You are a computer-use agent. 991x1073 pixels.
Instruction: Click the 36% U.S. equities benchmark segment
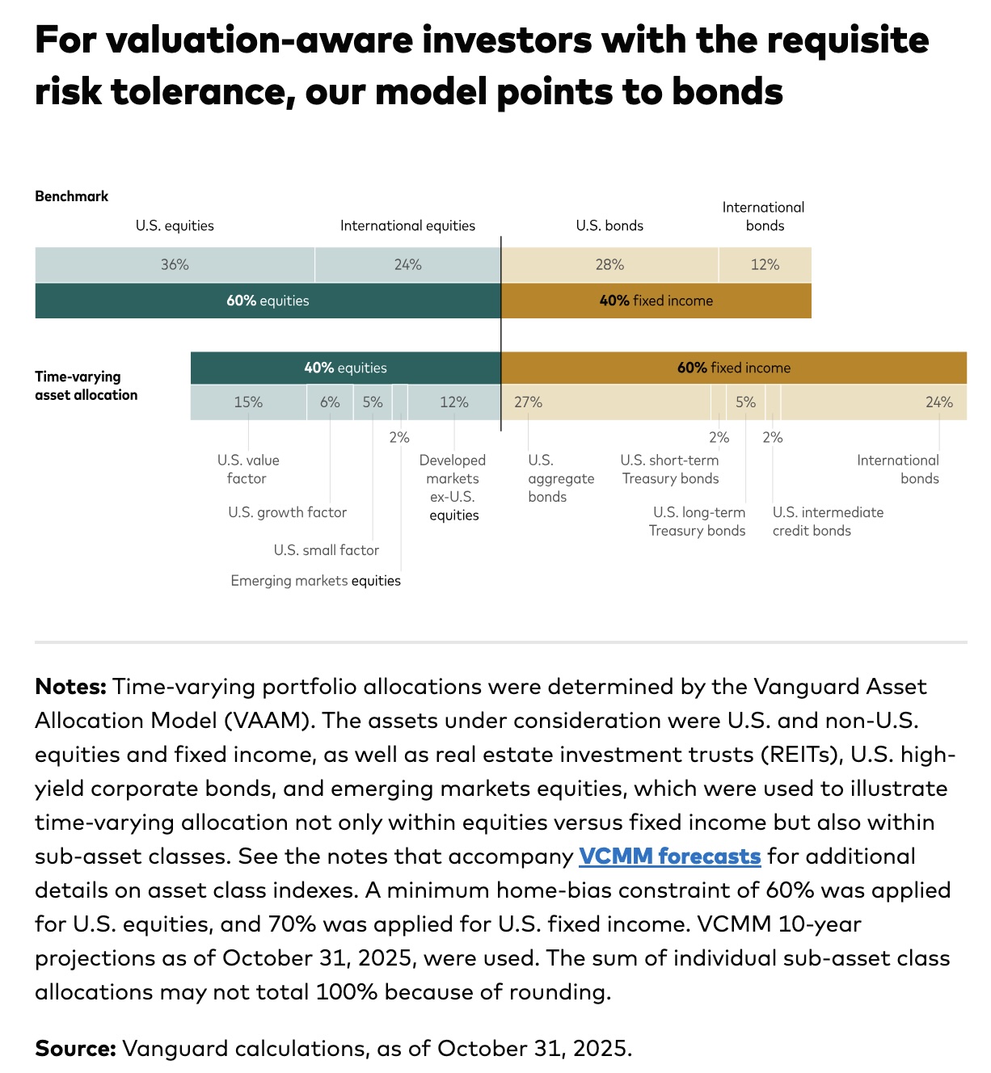click(175, 265)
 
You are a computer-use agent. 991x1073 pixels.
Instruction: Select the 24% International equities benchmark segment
click(407, 265)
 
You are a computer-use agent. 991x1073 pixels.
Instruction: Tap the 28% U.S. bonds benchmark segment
click(609, 265)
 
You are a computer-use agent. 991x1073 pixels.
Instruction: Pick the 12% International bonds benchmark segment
click(765, 265)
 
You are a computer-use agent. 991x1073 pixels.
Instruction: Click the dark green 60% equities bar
click(268, 301)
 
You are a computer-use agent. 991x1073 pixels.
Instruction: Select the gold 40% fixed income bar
click(656, 301)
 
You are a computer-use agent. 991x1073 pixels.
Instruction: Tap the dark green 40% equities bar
click(345, 368)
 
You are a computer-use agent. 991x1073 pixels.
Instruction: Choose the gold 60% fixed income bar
click(733, 368)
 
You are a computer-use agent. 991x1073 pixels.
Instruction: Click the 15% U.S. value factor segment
click(248, 402)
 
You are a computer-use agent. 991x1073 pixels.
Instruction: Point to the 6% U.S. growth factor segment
click(330, 402)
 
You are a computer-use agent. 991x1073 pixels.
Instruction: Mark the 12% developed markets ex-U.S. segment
click(453, 402)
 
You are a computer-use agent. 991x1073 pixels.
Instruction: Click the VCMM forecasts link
click(669, 856)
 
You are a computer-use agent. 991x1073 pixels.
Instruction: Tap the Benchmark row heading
click(71, 196)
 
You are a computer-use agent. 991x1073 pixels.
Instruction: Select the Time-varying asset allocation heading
click(86, 385)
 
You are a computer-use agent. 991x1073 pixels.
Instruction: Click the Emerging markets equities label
click(315, 581)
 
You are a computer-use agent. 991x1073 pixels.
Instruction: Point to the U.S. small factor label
click(326, 550)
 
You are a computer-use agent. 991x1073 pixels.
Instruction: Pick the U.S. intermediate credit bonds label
click(827, 521)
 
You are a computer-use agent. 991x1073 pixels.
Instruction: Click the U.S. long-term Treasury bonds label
click(698, 521)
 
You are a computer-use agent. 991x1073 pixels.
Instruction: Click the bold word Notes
click(70, 687)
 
